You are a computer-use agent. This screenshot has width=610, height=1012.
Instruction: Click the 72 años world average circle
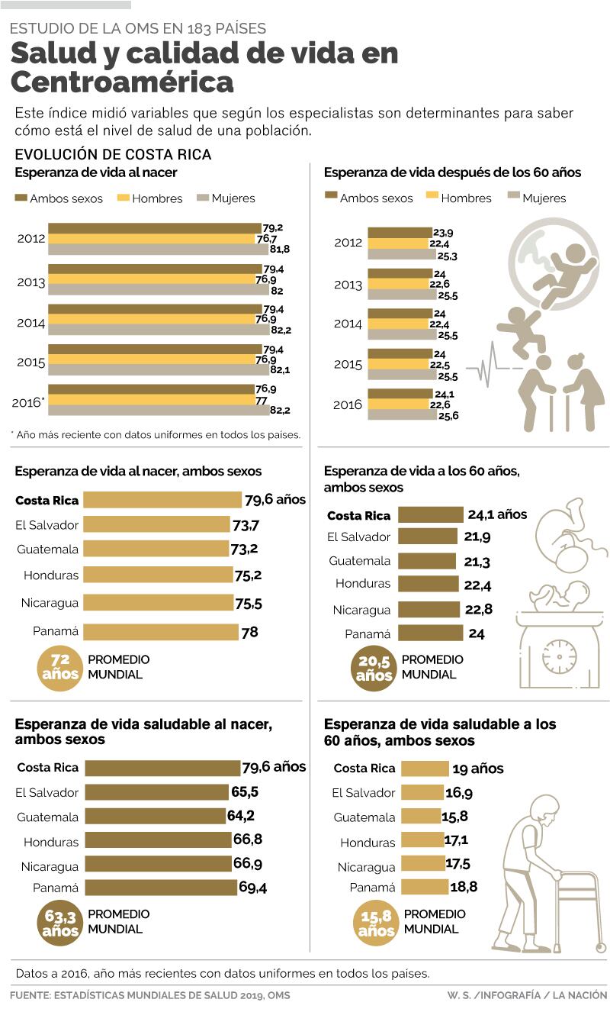(x=59, y=666)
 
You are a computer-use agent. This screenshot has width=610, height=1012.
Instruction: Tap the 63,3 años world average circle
(x=59, y=922)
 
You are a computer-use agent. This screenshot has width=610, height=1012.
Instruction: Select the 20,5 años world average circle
(x=373, y=666)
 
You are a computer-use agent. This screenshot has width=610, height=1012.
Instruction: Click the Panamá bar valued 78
(x=161, y=632)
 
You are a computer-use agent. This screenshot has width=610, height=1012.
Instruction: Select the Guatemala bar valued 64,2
(x=155, y=816)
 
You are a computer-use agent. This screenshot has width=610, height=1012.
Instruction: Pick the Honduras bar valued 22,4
(x=429, y=584)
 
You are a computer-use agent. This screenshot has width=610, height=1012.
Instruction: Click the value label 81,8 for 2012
(x=280, y=249)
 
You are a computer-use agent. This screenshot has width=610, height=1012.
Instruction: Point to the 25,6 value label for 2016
(x=448, y=415)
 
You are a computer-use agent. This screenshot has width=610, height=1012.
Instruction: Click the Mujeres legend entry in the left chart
(x=226, y=198)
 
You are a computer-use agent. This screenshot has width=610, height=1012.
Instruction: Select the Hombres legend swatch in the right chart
(x=431, y=197)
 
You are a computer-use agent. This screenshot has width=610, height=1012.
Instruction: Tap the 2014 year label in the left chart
(x=30, y=323)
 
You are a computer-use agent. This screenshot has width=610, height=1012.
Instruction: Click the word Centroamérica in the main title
(x=122, y=82)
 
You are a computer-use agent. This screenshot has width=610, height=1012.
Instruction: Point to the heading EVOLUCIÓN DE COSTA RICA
(x=113, y=154)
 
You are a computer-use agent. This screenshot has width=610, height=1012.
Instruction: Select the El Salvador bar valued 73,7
(x=156, y=524)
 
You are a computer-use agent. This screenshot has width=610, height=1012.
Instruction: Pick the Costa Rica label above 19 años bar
(x=364, y=769)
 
